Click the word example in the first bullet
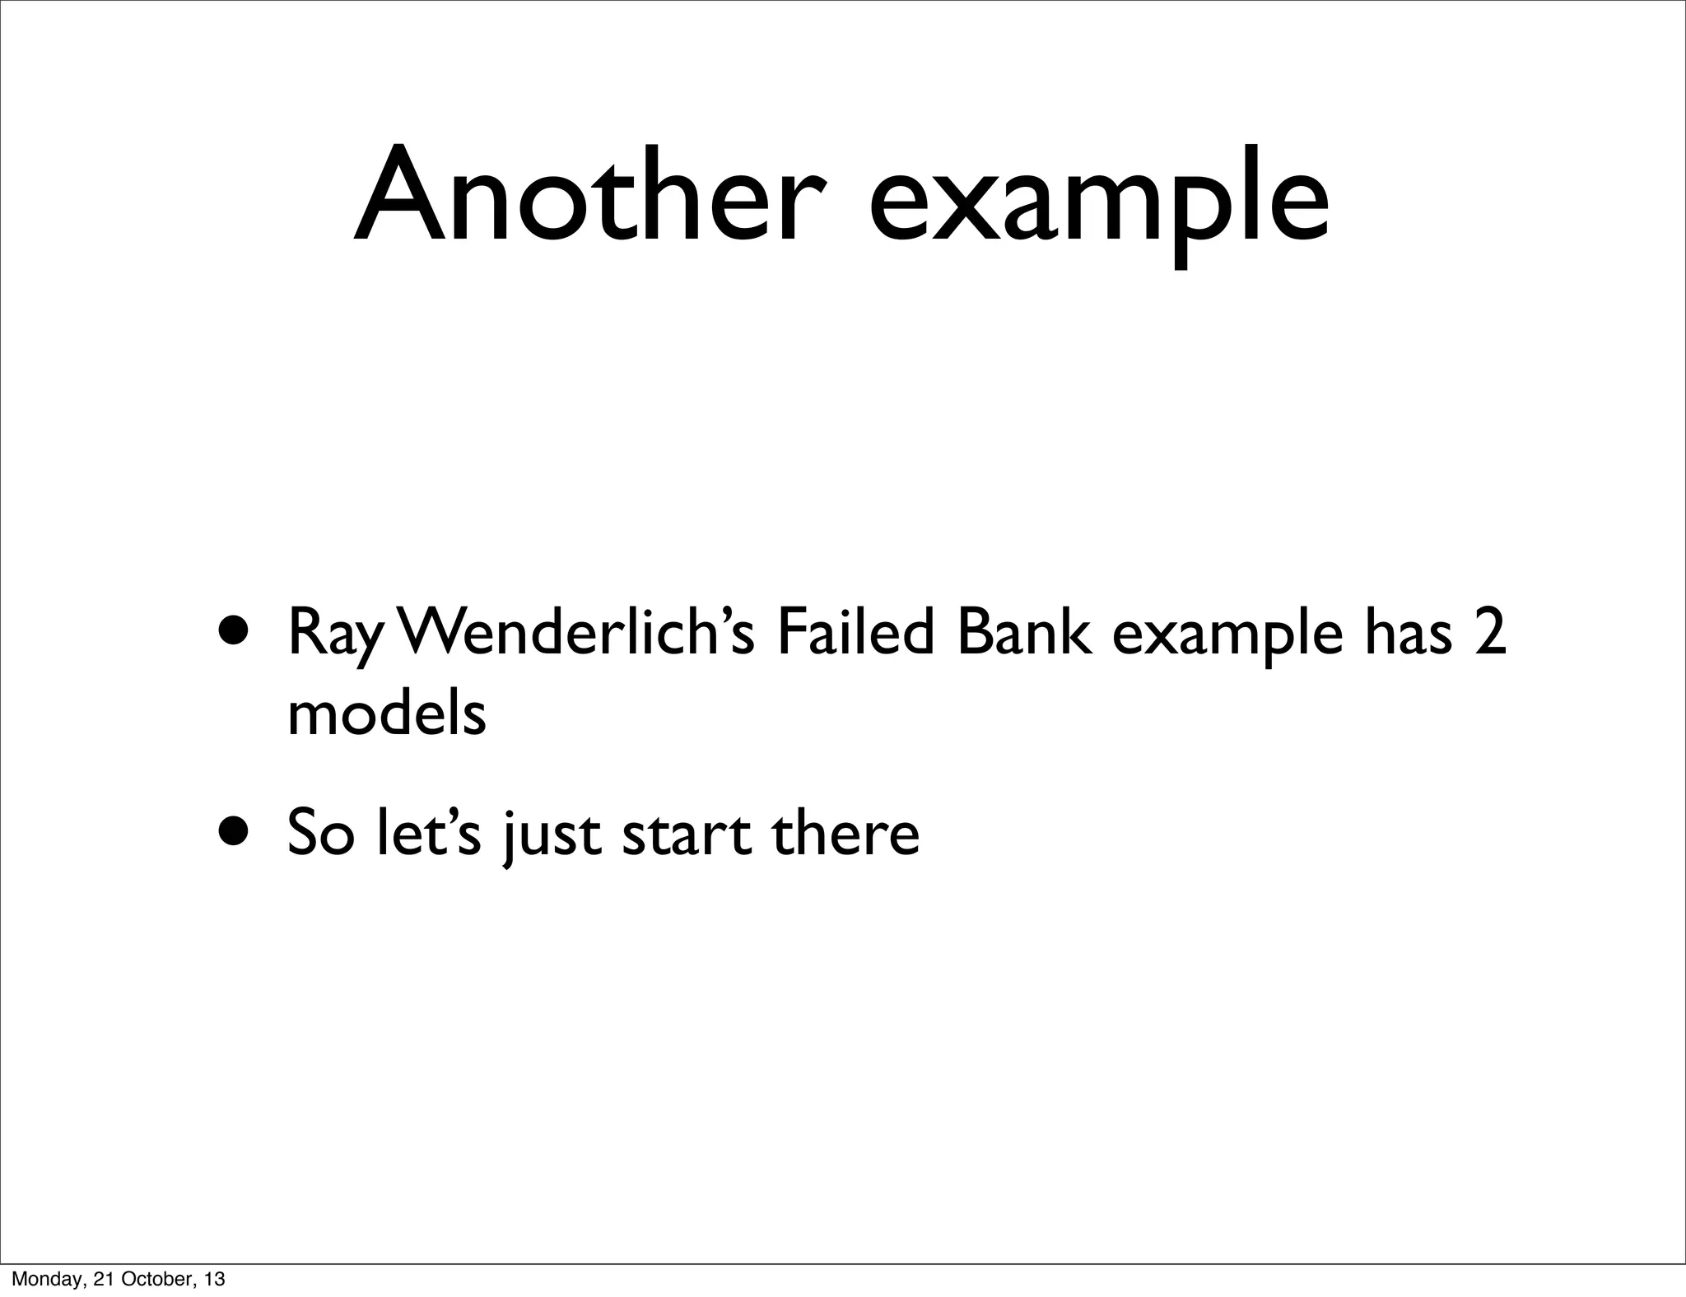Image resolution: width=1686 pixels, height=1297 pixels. click(1227, 639)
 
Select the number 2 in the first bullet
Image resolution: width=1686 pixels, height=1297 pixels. click(1490, 633)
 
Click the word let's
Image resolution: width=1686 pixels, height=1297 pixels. click(427, 833)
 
